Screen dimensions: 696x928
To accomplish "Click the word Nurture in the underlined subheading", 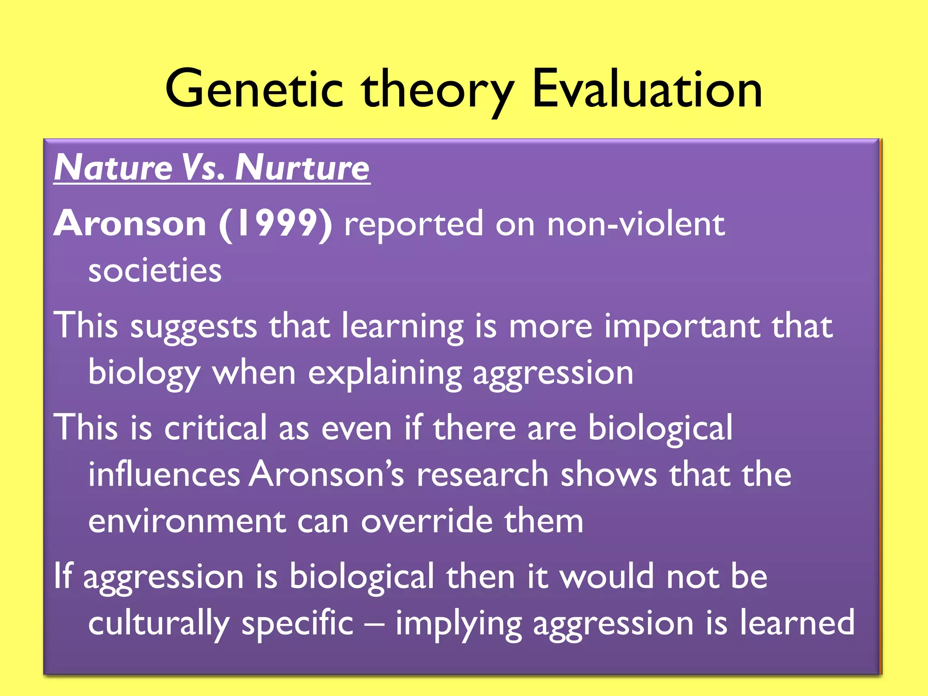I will tap(302, 168).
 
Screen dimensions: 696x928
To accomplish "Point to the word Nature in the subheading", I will tap(113, 168).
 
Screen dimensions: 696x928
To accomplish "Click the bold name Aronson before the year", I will tap(130, 223).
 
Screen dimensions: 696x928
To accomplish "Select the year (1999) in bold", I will tap(275, 224).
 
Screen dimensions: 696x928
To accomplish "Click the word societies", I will tap(155, 271).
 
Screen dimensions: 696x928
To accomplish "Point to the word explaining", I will tap(385, 374).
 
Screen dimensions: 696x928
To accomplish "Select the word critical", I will tap(216, 428).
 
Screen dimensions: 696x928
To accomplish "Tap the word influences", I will tap(164, 474).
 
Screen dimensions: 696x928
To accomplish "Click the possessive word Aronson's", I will tap(326, 474).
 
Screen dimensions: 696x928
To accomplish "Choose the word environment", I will tap(187, 522).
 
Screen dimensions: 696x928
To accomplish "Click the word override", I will tap(426, 522).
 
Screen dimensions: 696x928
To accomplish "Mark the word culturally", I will tap(159, 623).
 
